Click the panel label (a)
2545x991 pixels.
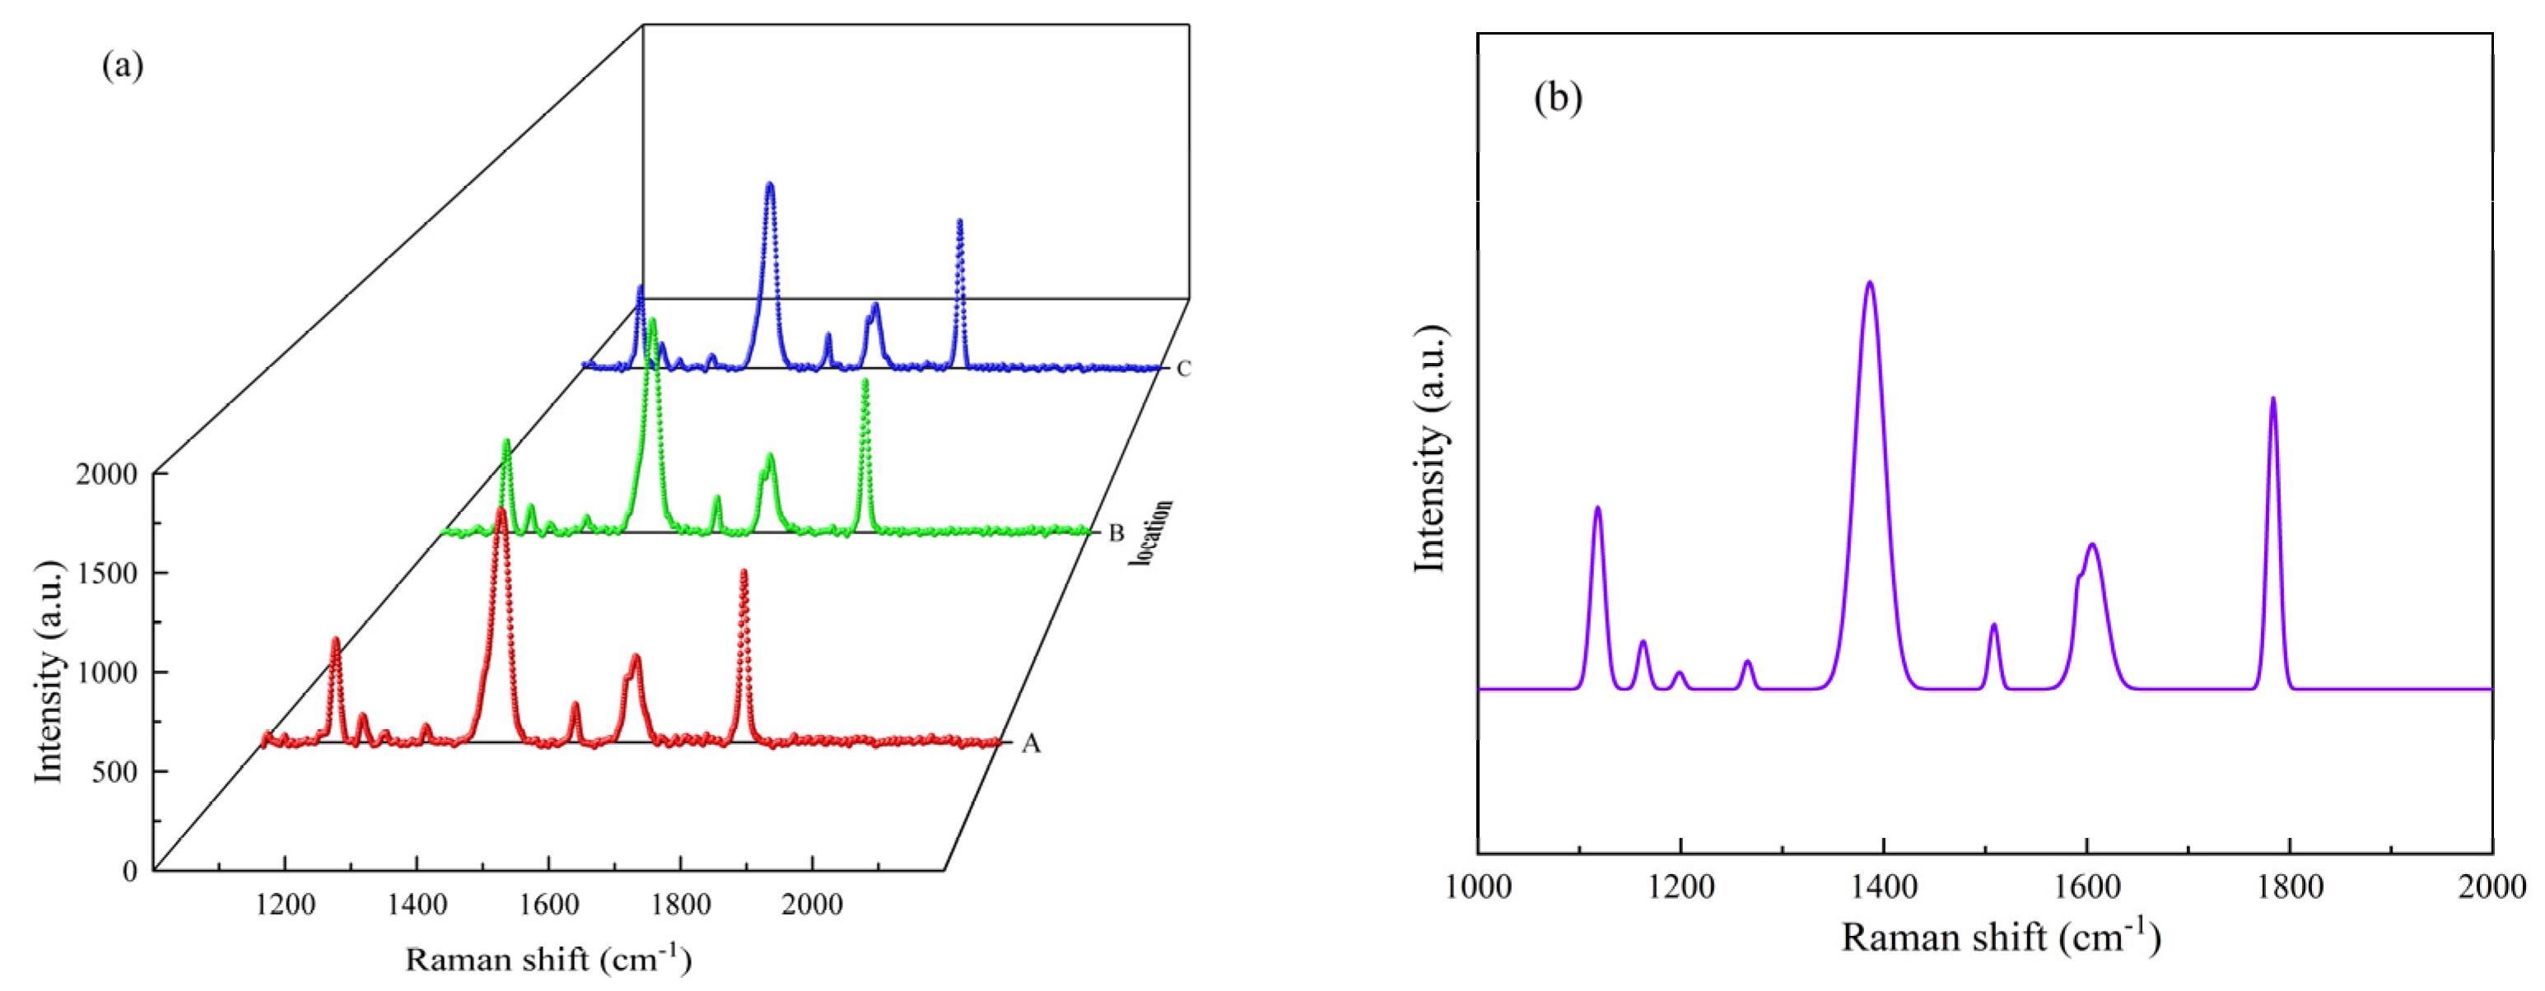(x=123, y=66)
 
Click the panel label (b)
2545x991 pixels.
(x=1558, y=97)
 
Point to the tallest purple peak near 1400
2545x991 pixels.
(x=1869, y=286)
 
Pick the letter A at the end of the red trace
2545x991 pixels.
(x=1031, y=745)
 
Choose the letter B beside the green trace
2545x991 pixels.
(x=1116, y=533)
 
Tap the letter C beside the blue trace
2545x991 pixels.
(x=1184, y=369)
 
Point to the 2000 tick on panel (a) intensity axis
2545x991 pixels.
(x=107, y=474)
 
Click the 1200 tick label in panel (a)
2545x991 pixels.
(x=286, y=904)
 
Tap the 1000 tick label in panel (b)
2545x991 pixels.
(x=1478, y=887)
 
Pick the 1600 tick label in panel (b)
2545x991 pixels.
(x=2086, y=887)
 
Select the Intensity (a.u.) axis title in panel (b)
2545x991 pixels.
(x=1429, y=449)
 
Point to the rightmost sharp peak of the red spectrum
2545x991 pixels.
(x=744, y=573)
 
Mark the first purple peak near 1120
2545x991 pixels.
(x=1597, y=509)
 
